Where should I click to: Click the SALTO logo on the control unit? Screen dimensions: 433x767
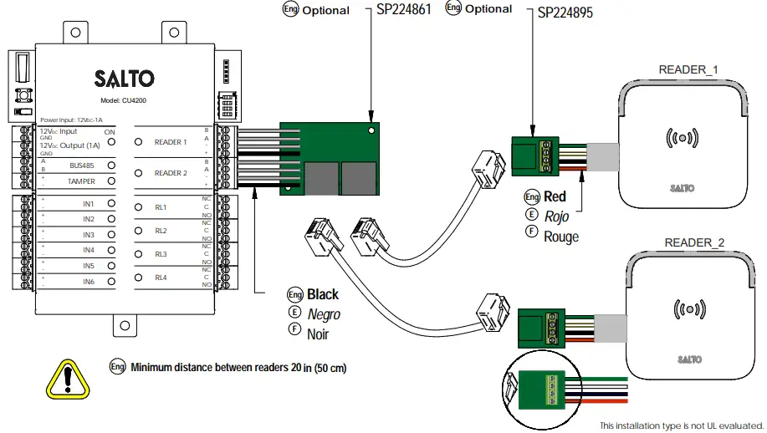pyautogui.click(x=124, y=79)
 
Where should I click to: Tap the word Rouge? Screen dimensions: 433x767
pyautogui.click(x=561, y=237)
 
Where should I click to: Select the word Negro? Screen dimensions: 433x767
pyautogui.click(x=324, y=314)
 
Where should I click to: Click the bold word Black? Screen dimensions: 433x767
pyautogui.click(x=323, y=294)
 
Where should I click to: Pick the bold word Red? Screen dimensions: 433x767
pyautogui.click(x=555, y=197)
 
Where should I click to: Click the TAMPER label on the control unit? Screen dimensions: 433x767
pyautogui.click(x=82, y=181)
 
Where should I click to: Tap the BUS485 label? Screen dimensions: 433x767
pyautogui.click(x=82, y=166)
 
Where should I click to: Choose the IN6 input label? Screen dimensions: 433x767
pyautogui.click(x=89, y=283)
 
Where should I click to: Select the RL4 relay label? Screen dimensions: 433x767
pyautogui.click(x=161, y=277)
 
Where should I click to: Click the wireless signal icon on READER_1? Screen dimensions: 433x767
pyautogui.click(x=681, y=136)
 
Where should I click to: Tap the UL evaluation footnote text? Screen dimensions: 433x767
pyautogui.click(x=681, y=425)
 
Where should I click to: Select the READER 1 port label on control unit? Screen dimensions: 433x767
pyautogui.click(x=171, y=142)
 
